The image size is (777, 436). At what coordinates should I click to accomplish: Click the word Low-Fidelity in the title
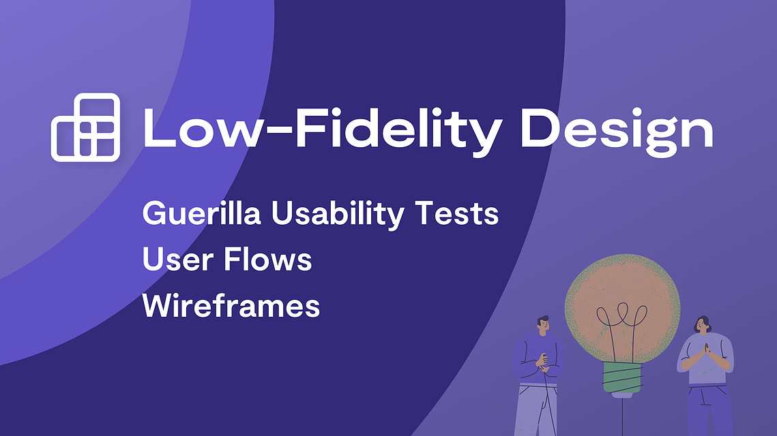(x=322, y=129)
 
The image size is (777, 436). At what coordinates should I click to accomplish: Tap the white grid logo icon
(x=86, y=127)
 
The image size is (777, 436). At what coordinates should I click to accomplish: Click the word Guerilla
(x=202, y=213)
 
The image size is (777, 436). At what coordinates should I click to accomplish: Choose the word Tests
(x=457, y=213)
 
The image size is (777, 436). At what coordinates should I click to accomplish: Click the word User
(x=178, y=260)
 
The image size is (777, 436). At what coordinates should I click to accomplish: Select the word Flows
(x=267, y=258)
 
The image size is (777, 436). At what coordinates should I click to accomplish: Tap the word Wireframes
(x=231, y=305)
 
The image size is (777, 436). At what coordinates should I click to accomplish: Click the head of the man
(x=543, y=325)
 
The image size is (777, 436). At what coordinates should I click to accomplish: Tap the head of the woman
(x=702, y=325)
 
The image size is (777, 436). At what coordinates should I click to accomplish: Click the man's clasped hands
(x=542, y=362)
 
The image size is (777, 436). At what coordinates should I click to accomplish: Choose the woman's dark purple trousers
(x=709, y=410)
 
